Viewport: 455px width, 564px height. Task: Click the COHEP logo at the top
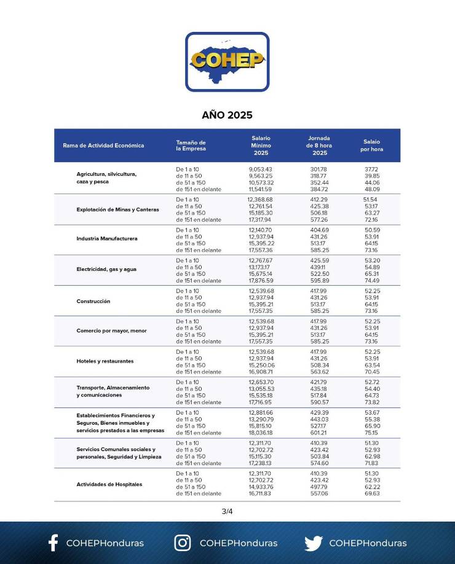coord(227,61)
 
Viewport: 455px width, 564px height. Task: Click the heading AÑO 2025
coord(227,115)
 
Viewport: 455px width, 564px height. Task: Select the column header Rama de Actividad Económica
coord(103,146)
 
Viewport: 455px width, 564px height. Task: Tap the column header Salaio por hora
coord(371,146)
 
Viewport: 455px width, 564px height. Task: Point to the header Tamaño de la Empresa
coord(191,146)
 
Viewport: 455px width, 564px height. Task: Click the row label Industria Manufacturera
coord(107,238)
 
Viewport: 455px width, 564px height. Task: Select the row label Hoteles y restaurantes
coord(105,361)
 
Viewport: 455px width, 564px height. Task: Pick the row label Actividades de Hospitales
coord(109,484)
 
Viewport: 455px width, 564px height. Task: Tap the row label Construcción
coord(93,301)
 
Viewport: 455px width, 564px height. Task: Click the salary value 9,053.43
coord(260,169)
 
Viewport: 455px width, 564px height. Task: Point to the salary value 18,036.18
coord(260,433)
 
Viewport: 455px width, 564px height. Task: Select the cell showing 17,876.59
coord(261,280)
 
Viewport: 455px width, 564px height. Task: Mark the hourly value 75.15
coord(371,433)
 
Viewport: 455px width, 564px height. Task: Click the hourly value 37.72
coord(371,169)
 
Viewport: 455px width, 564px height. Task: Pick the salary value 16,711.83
coord(260,493)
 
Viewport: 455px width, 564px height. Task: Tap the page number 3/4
coord(227,511)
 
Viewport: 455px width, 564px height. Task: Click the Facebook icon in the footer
coord(53,542)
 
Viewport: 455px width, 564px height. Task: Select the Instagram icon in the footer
coord(183,542)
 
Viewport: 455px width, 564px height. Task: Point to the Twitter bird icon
coord(314,543)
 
